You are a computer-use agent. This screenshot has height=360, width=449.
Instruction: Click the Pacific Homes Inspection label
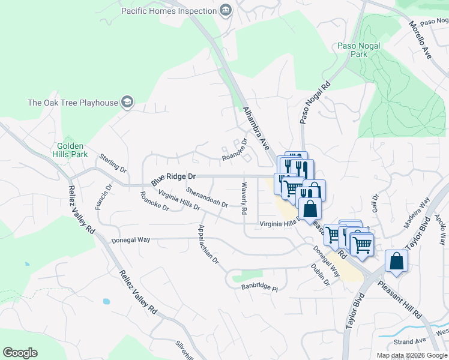168,11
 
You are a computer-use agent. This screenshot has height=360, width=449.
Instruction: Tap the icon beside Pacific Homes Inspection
225,10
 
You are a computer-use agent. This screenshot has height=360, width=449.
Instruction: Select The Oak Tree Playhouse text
73,103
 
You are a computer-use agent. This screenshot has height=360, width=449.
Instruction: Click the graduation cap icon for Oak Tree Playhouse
127,103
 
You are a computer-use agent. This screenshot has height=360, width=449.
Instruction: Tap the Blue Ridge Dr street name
173,178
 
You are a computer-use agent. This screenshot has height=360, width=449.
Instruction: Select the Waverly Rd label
244,199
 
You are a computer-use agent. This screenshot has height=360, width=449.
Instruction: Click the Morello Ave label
420,40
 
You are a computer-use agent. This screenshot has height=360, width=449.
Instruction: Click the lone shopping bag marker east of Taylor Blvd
396,261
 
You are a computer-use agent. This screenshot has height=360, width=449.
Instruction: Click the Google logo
20,353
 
